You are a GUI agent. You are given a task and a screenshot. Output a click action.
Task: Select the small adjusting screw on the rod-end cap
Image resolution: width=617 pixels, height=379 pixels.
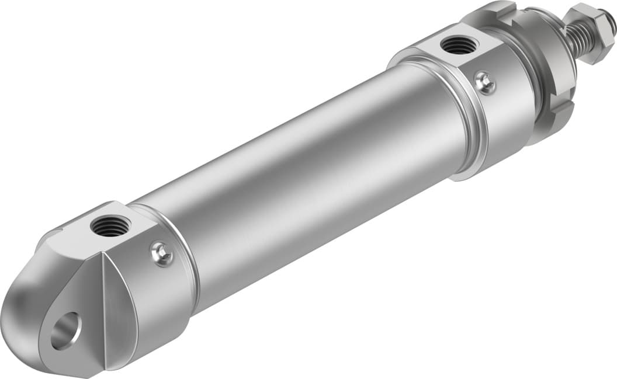tap(484, 83)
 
